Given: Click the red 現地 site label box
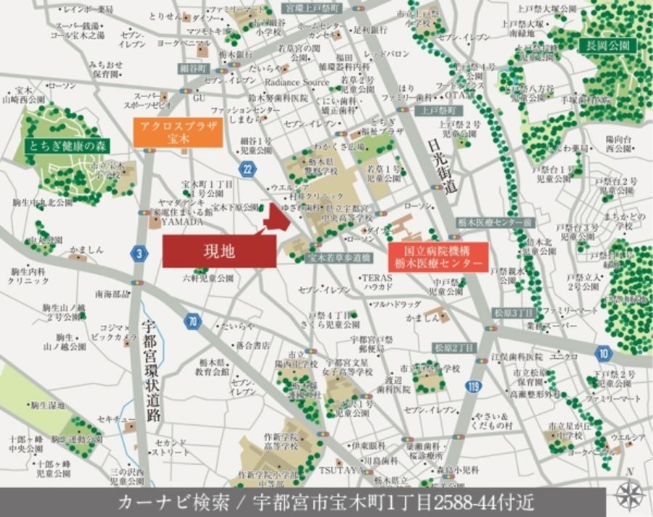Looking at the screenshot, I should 218,252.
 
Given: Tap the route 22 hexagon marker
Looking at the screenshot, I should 249,169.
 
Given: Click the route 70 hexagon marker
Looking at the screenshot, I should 191,320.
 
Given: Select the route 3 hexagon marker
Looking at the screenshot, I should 139,253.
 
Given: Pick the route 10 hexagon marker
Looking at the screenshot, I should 602,353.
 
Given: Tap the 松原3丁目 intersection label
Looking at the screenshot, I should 513,311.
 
